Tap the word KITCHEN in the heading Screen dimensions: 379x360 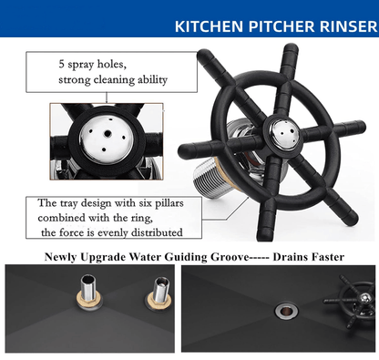(209, 26)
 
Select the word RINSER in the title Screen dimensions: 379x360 (348, 26)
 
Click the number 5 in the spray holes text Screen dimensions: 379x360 (62, 64)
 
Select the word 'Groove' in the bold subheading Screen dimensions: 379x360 (230, 257)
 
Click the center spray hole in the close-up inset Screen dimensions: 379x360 (108, 133)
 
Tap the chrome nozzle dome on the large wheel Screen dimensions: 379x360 (282, 135)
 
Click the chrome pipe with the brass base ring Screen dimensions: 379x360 (89, 291)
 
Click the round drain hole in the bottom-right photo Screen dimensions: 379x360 (286, 311)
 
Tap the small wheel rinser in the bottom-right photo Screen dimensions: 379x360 (353, 304)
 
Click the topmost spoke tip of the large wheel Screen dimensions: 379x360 (291, 48)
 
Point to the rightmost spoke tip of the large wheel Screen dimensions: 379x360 (361, 127)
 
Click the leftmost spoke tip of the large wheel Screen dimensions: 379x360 (183, 150)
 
